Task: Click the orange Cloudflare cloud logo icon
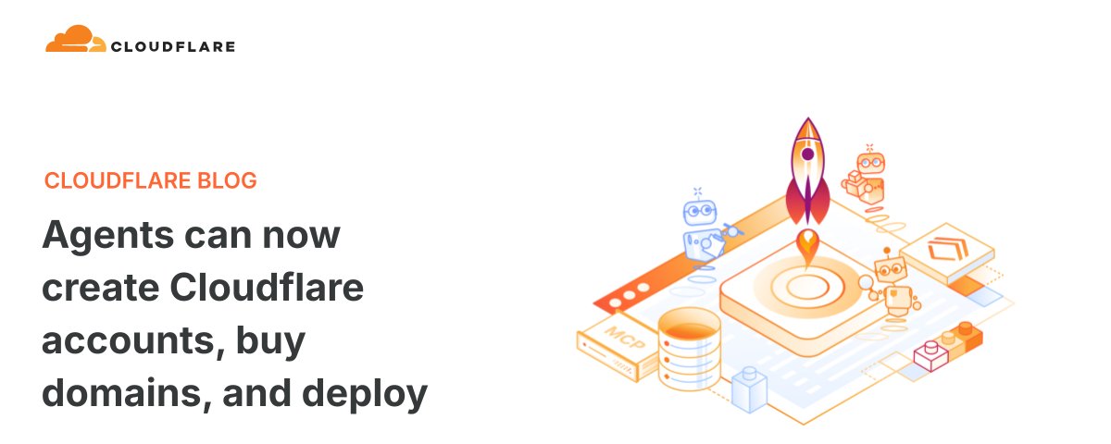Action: click(75, 39)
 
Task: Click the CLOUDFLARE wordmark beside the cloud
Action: click(173, 46)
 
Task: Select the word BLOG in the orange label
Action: click(227, 180)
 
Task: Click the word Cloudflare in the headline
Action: click(267, 287)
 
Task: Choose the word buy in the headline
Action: click(270, 342)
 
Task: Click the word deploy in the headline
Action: click(365, 394)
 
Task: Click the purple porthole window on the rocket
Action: click(808, 154)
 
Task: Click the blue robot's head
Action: click(699, 212)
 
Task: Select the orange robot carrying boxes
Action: click(865, 178)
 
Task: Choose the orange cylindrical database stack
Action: click(689, 349)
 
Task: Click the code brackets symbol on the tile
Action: click(948, 248)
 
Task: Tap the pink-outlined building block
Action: click(931, 355)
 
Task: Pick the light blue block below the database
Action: click(749, 389)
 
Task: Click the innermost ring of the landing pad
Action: click(808, 287)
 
